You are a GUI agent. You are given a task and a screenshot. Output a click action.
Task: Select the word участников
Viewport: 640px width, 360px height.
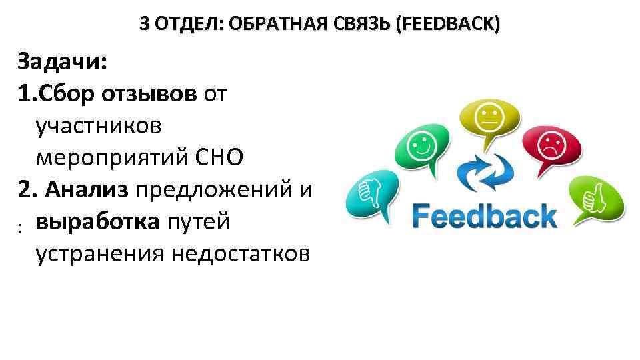[99, 126]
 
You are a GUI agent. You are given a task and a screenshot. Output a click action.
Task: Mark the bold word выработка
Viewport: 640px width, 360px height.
[97, 221]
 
